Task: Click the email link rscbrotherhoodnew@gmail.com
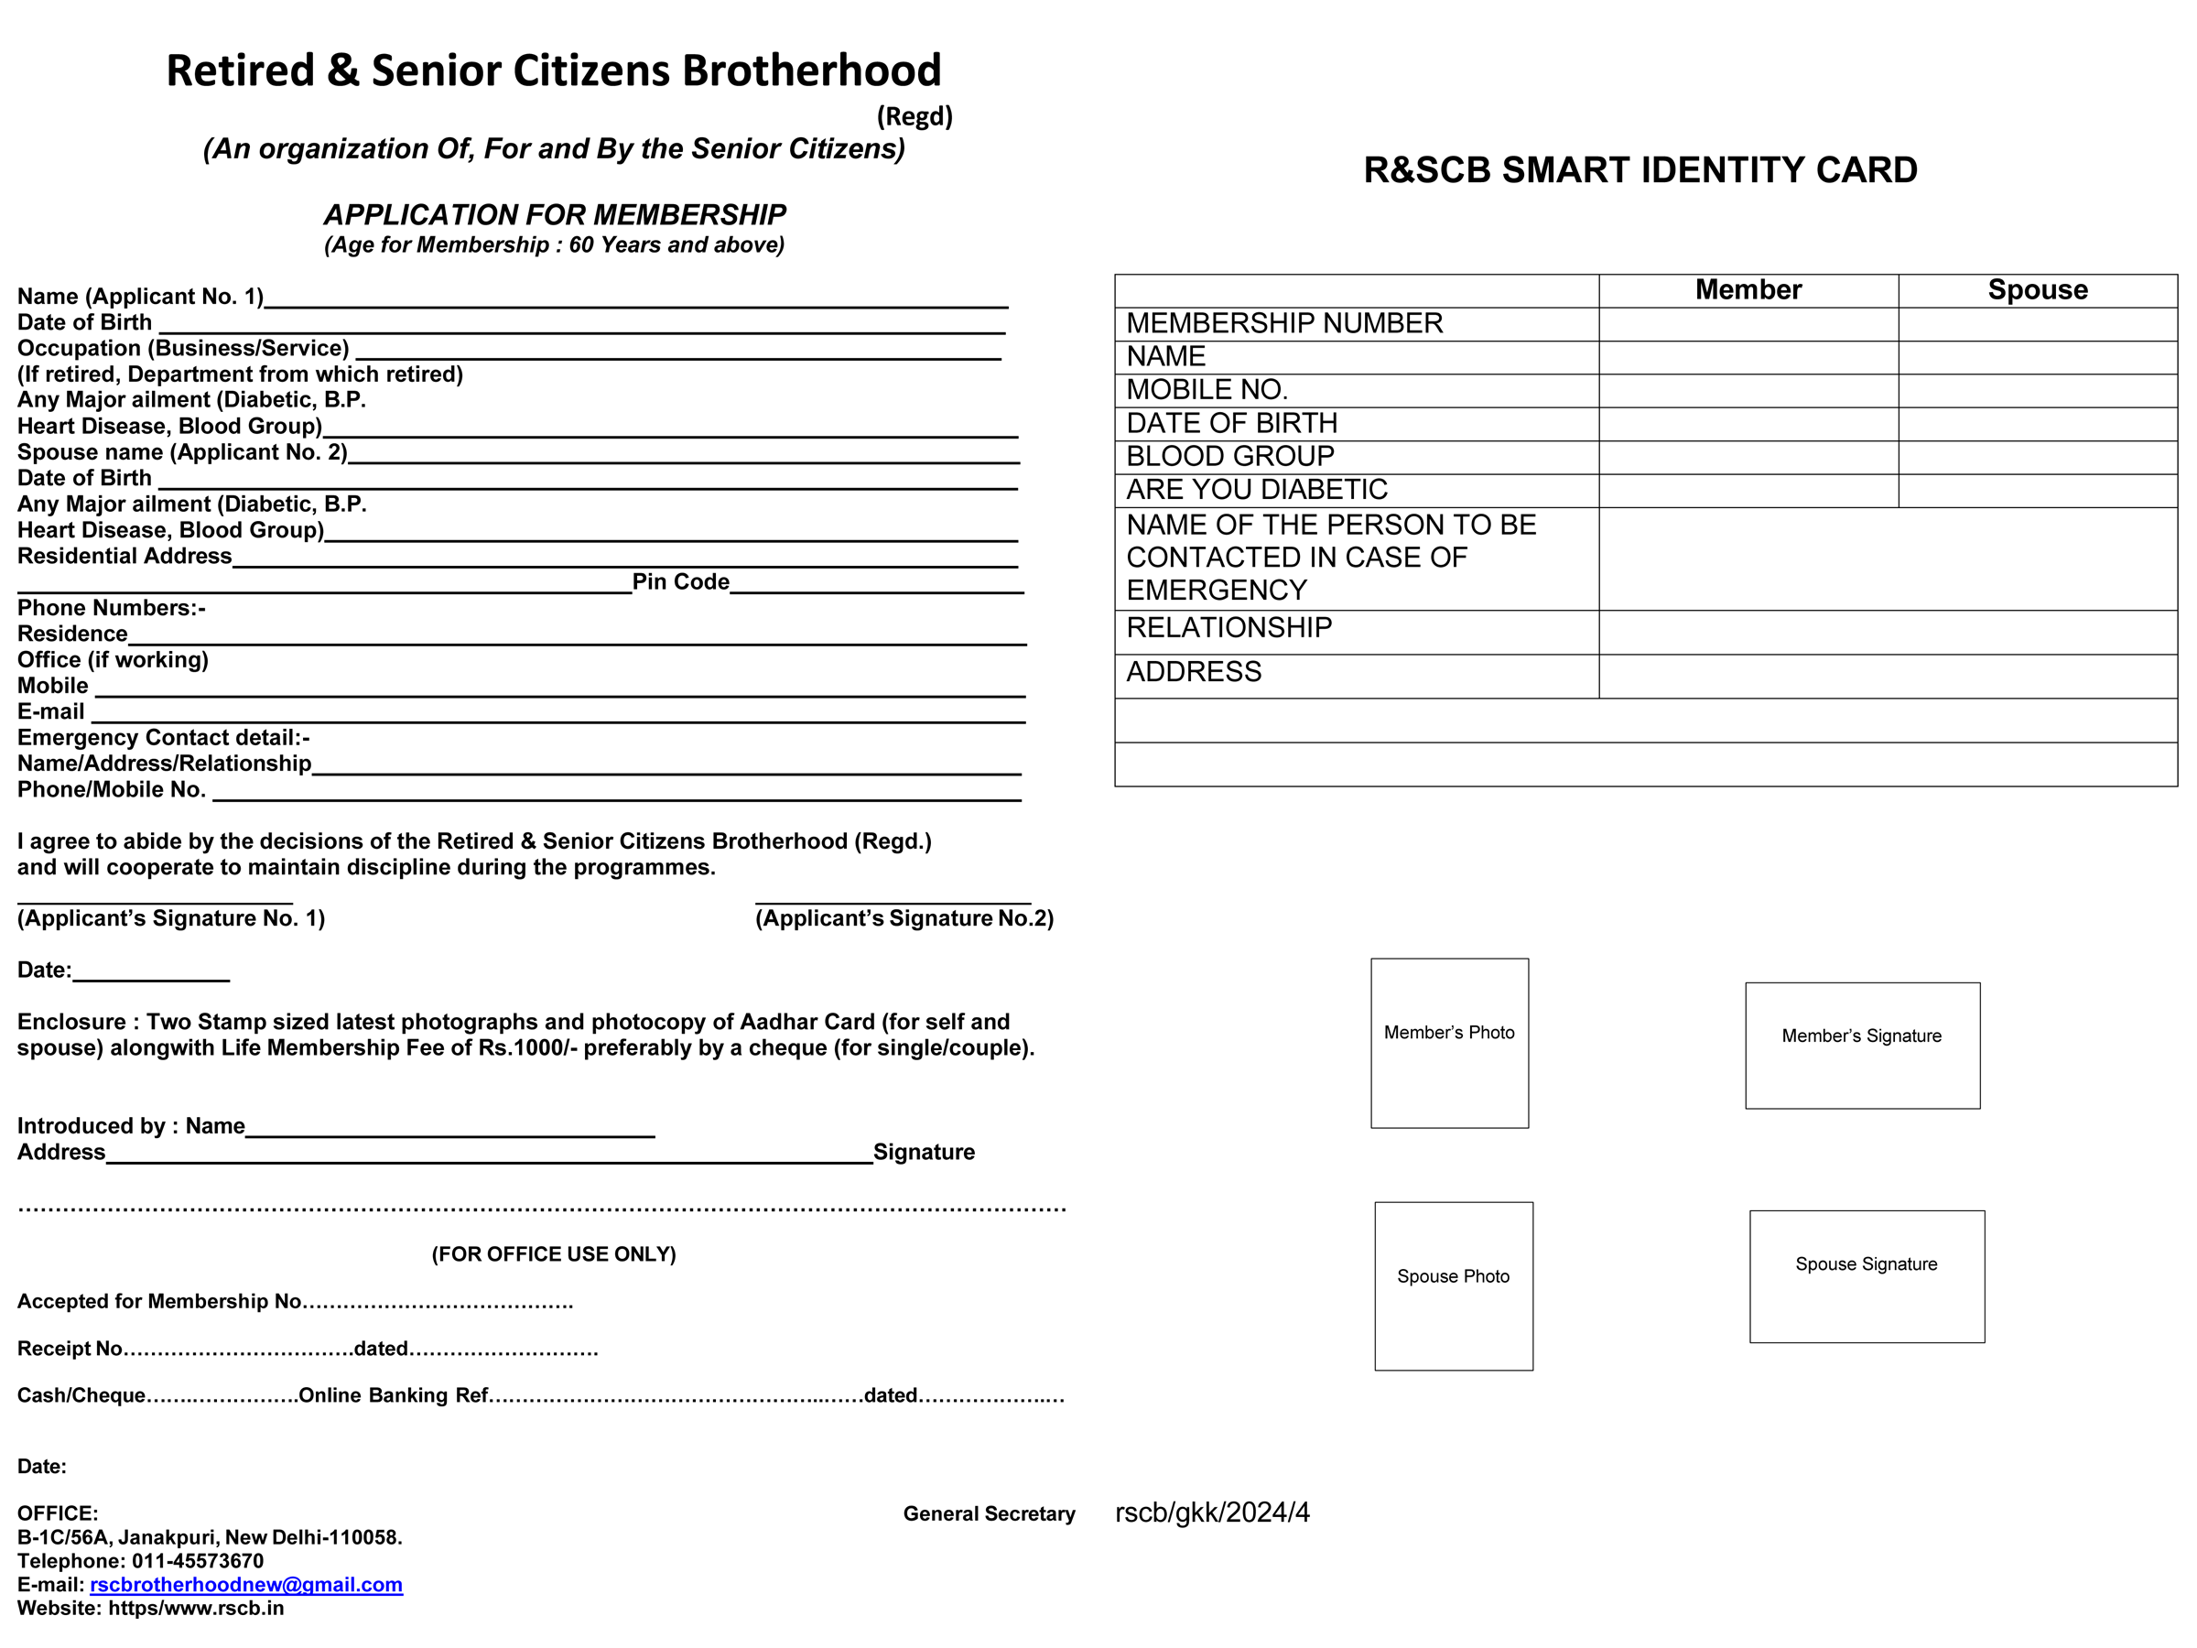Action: (246, 1585)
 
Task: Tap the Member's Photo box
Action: (1449, 1043)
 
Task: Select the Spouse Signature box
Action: (1867, 1276)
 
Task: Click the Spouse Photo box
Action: (1453, 1286)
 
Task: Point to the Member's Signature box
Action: (1862, 1046)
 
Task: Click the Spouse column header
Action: (2037, 290)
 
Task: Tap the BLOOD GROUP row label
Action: (1229, 457)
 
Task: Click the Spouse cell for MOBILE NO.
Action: (2037, 390)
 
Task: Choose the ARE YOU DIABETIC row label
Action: (1257, 490)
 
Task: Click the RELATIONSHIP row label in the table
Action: (1228, 628)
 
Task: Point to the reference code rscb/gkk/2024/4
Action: (1212, 1512)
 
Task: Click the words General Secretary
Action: (989, 1514)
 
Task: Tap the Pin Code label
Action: (680, 582)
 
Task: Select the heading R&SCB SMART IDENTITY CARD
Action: (1640, 171)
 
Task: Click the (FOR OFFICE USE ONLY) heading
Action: (553, 1254)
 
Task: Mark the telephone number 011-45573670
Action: (198, 1561)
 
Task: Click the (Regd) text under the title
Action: (914, 117)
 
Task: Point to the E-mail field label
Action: (50, 712)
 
